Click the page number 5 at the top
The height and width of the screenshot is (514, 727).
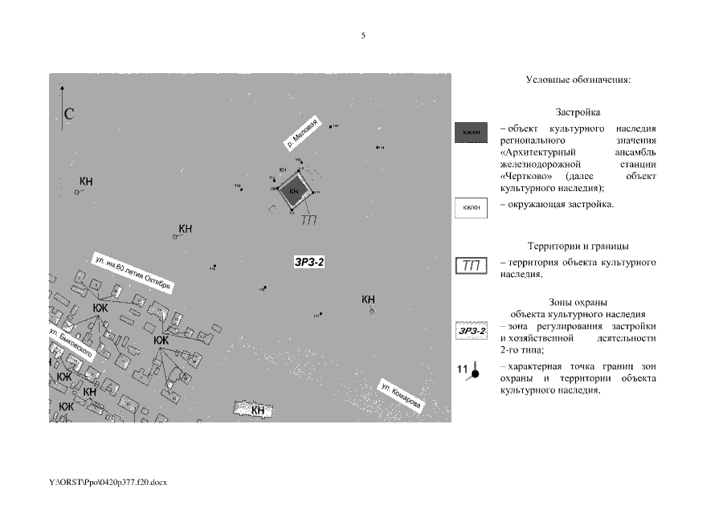pos(363,35)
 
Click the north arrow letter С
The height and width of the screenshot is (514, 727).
pos(70,114)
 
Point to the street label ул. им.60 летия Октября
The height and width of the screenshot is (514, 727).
pos(133,273)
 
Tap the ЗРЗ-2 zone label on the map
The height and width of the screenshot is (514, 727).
pos(309,262)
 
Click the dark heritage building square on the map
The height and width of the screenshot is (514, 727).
pos(293,190)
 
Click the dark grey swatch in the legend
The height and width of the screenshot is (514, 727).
pos(472,133)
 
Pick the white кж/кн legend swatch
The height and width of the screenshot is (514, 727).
pos(472,208)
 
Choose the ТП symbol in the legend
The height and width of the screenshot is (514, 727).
pos(472,266)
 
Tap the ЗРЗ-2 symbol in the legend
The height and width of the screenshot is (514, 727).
pos(472,331)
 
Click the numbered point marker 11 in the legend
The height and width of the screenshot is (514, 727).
pos(469,370)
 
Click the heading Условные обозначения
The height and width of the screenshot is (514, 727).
pos(578,80)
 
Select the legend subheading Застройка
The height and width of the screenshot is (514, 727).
pos(578,112)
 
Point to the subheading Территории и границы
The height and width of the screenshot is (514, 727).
pos(578,246)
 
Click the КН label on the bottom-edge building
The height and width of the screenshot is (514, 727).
pos(258,410)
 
